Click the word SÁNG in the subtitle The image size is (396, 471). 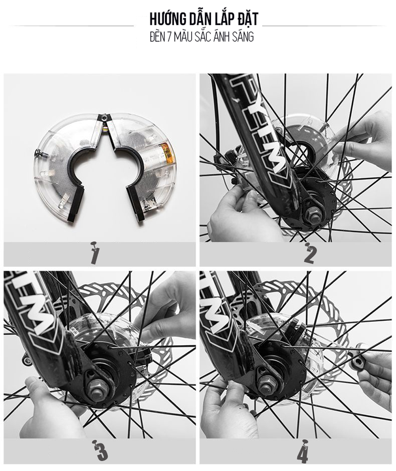[242, 37]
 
